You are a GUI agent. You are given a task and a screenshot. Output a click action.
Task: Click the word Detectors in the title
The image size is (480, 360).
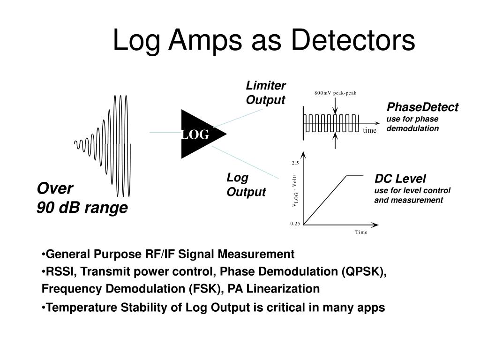[x=353, y=40]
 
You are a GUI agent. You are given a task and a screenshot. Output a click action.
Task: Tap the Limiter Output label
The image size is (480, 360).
[x=266, y=93]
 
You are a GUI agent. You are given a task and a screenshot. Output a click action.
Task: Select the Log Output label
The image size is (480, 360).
[x=246, y=185]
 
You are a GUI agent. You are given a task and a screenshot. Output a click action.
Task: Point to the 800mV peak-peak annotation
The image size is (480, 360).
[x=335, y=93]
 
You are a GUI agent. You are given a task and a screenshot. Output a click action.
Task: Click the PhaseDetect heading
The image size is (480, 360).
[x=422, y=107]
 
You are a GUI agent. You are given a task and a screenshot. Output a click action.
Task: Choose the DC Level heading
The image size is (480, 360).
[x=400, y=179]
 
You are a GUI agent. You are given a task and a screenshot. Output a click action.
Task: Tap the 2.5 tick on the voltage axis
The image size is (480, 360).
[x=295, y=163]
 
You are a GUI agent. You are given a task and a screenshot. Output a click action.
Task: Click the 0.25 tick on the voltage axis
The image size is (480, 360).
[x=295, y=224]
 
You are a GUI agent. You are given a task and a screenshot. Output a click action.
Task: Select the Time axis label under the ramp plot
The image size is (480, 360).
[x=361, y=232]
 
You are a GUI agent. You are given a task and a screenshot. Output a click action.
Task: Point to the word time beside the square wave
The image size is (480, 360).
[x=369, y=130]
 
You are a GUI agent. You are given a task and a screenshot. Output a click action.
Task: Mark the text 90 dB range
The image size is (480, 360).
[x=82, y=207]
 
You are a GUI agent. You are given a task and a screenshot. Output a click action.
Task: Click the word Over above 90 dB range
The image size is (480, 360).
[x=55, y=188]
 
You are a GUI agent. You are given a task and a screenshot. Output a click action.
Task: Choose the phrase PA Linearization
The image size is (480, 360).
[x=274, y=289]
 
